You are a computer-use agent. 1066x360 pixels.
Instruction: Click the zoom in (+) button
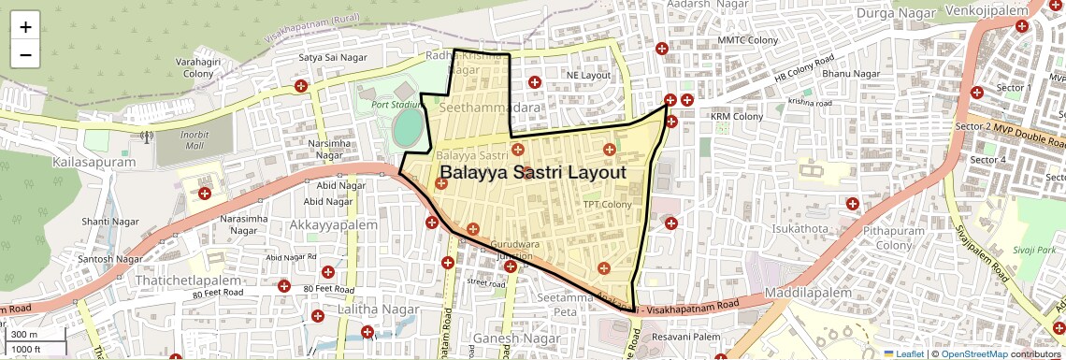pos(25,27)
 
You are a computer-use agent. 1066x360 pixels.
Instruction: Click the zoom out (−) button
pos(25,54)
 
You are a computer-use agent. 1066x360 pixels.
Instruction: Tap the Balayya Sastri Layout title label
pos(532,173)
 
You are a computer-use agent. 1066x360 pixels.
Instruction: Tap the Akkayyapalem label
pos(334,225)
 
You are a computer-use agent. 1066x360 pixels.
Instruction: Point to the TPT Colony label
pos(607,204)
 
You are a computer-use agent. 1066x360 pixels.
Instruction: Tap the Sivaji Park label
pos(1032,251)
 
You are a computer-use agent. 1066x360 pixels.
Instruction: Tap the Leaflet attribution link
pos(903,353)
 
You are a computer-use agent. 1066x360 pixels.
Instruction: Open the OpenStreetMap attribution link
pos(973,353)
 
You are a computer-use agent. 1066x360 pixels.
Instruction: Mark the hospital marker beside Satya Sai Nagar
pos(301,86)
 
